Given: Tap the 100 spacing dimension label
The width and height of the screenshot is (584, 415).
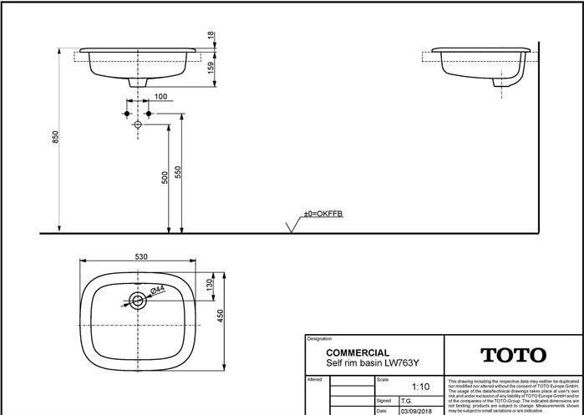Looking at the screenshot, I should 160,97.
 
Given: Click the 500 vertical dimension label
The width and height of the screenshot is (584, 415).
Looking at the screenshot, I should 165,177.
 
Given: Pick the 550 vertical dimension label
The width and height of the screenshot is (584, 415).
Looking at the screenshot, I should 178,174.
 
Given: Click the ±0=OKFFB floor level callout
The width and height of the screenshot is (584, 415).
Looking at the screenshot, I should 322,215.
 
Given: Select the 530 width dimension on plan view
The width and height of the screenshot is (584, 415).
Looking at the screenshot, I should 140,256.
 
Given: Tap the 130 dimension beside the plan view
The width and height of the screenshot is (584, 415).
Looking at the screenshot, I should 210,285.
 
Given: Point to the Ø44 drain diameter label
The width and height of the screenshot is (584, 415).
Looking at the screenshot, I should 157,291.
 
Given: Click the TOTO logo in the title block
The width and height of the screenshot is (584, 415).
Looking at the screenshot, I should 512,356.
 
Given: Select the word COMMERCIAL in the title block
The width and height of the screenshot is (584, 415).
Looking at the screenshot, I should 357,353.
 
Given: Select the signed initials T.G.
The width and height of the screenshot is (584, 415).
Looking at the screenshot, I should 407,401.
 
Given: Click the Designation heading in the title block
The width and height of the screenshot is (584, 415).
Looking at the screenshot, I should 319,339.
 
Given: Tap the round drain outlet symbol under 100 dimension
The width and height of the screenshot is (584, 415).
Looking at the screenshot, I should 138,124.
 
